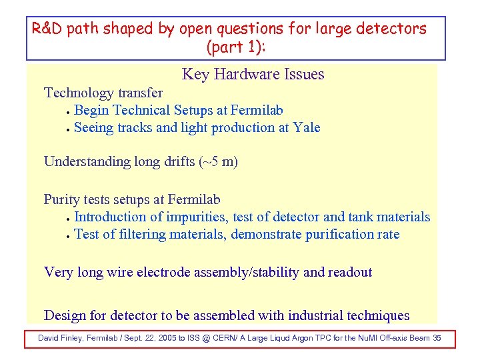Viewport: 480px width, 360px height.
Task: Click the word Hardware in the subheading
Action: point(255,75)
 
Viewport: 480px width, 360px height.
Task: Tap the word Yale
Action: point(307,127)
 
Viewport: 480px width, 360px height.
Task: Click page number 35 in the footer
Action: point(437,339)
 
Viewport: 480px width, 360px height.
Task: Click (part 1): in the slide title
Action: point(236,48)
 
